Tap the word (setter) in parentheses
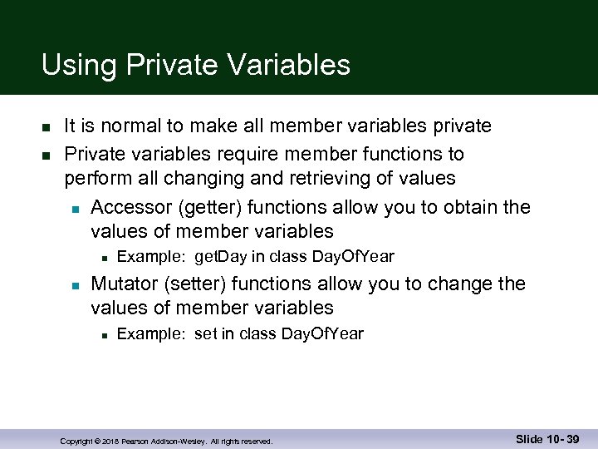(x=197, y=284)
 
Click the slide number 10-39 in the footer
(x=562, y=438)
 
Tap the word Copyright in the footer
(x=76, y=441)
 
